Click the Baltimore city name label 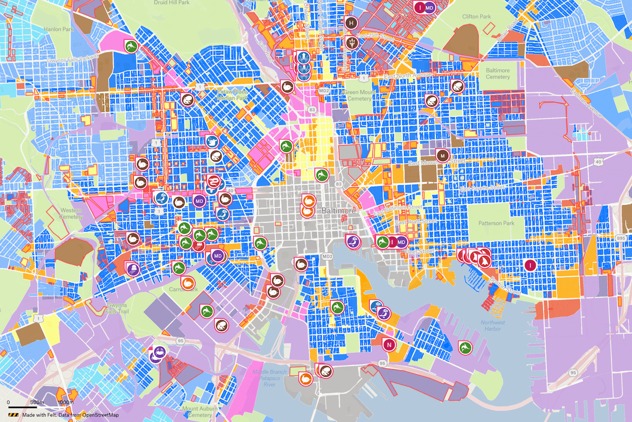tap(339, 210)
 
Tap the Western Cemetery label tap(71, 213)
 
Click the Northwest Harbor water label tap(492, 326)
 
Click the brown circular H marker tap(351, 22)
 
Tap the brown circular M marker tap(442, 155)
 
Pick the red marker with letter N tap(389, 344)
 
